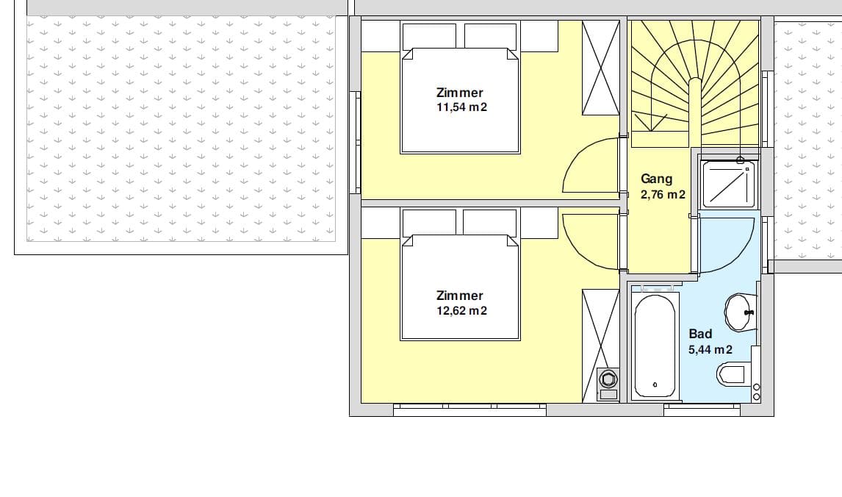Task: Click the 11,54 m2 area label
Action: (462, 107)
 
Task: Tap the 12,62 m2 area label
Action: (462, 310)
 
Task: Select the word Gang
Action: (656, 179)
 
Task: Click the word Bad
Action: (700, 334)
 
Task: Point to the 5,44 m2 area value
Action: (710, 350)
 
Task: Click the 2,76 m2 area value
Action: (663, 195)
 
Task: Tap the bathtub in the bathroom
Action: (655, 346)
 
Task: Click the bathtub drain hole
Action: (655, 385)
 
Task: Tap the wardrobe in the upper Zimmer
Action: (601, 68)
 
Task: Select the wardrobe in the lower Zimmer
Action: (601, 329)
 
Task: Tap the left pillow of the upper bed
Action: (428, 36)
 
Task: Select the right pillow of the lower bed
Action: (489, 223)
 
